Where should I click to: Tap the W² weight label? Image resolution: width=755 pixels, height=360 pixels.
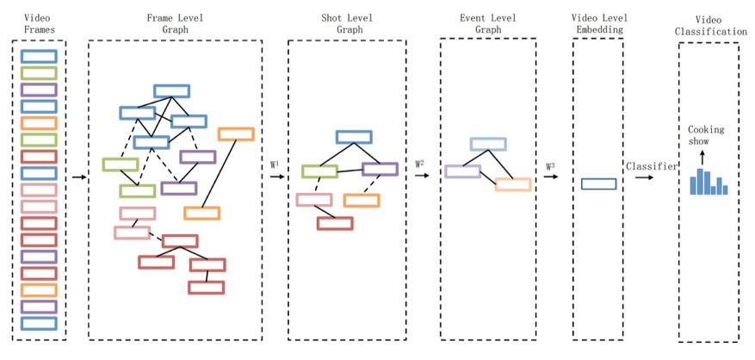tap(420, 163)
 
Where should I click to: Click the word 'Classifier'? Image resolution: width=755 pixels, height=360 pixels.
tap(651, 165)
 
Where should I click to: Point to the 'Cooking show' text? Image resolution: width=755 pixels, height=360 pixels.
tap(706, 136)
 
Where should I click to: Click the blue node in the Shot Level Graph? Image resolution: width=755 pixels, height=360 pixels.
tap(353, 137)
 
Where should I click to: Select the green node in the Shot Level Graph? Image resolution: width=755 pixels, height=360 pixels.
tap(319, 171)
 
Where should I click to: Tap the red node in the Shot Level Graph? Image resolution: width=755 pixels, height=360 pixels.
tap(334, 223)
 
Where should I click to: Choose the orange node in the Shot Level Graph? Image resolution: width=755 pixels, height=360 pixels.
tap(362, 201)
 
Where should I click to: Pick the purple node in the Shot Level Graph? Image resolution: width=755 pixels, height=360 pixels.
tap(380, 170)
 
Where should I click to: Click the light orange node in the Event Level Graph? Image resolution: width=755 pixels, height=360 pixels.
tap(513, 184)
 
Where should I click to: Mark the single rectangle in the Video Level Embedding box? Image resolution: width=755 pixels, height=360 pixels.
tap(598, 183)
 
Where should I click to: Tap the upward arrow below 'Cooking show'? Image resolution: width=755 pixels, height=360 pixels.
tap(701, 158)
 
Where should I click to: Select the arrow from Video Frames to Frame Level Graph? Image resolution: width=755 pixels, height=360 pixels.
tap(77, 177)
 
